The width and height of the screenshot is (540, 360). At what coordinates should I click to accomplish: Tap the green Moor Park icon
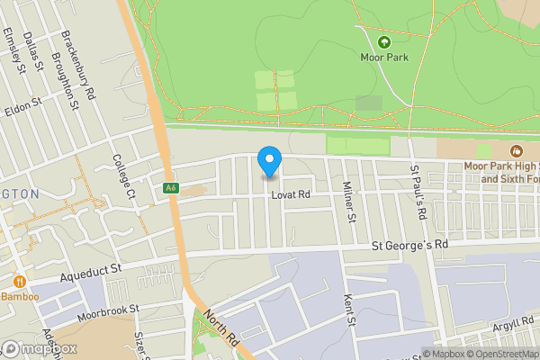click(x=384, y=41)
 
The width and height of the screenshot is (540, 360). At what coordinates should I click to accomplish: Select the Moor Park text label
click(x=384, y=58)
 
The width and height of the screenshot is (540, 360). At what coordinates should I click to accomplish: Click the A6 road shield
click(x=170, y=188)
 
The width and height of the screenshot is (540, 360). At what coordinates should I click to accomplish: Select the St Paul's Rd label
click(x=418, y=192)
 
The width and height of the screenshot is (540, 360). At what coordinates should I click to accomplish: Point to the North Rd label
click(x=220, y=330)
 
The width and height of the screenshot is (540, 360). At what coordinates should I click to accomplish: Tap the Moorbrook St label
click(x=109, y=309)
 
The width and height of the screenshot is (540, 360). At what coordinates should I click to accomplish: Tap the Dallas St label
click(x=34, y=50)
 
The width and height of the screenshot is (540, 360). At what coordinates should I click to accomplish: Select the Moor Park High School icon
click(x=517, y=150)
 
